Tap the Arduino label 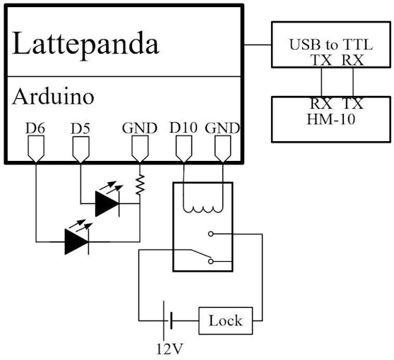tap(53, 97)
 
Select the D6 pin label tap(35, 128)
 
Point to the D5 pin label tap(80, 128)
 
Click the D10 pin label tap(184, 128)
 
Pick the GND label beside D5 tap(140, 128)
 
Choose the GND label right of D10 tap(222, 128)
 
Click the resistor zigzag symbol tap(140, 185)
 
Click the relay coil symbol tap(203, 209)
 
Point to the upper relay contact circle tap(211, 234)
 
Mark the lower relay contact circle tap(211, 261)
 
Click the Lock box tap(226, 320)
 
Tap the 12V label tap(169, 349)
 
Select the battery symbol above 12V tap(167, 320)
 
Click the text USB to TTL tap(331, 44)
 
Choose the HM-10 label tap(331, 119)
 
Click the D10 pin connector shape tap(184, 149)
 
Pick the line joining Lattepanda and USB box tap(258, 45)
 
